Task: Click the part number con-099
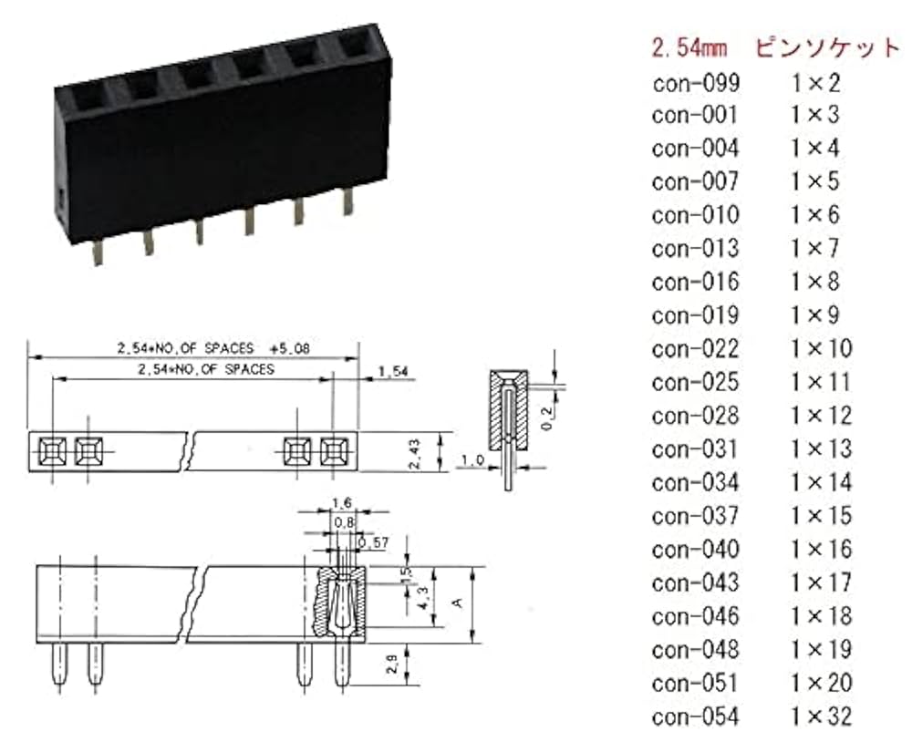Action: tap(695, 83)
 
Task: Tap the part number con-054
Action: tap(695, 716)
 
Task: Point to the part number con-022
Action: tap(695, 348)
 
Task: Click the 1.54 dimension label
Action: tap(392, 370)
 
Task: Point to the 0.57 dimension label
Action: tap(374, 543)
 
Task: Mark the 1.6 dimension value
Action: tap(341, 502)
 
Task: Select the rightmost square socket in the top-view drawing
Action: tap(335, 449)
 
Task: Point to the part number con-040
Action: tap(695, 549)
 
